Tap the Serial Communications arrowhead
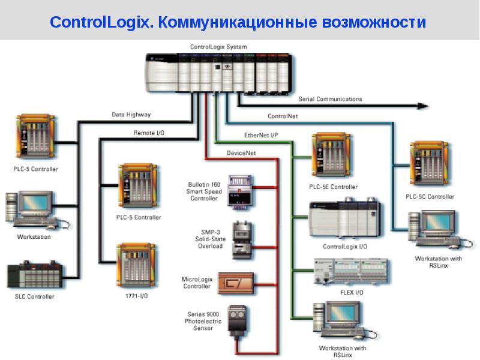click(x=423, y=106)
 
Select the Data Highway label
click(x=131, y=114)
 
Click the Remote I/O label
click(x=148, y=132)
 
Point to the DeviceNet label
click(x=241, y=153)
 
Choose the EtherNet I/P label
click(x=261, y=135)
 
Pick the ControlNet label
click(x=283, y=116)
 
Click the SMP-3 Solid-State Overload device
click(x=243, y=239)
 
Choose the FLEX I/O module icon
click(x=351, y=272)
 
